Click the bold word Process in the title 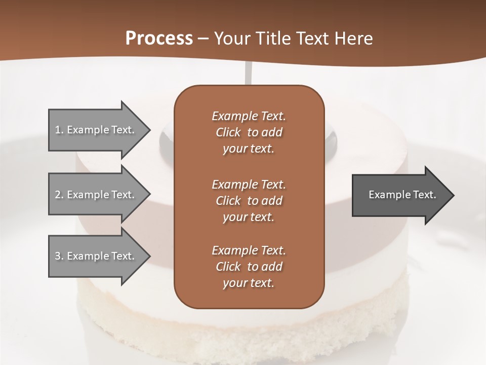[159, 39]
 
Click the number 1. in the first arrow [59, 130]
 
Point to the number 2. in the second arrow [59, 195]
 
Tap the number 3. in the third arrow [59, 256]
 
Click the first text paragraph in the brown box [249, 132]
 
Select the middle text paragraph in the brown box [249, 201]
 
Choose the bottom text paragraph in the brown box [249, 267]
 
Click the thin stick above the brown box [248, 74]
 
